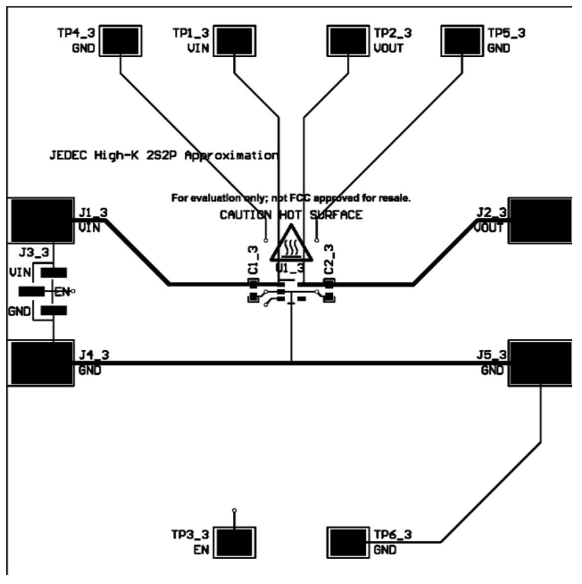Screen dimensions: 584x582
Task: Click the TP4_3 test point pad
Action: [119, 41]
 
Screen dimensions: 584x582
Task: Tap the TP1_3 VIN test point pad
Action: [234, 41]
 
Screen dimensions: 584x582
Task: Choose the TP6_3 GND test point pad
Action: [349, 541]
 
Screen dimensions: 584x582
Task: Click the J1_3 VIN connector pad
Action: [38, 220]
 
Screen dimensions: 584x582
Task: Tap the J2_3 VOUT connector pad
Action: [541, 220]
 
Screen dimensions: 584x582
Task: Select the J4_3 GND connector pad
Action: [38, 363]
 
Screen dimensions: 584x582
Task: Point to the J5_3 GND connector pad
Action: [541, 363]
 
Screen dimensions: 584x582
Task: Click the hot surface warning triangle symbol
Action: [291, 245]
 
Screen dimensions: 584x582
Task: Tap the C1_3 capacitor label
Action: [254, 260]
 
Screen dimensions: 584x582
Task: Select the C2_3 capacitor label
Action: [329, 260]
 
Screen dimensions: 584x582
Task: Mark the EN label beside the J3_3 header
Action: [62, 291]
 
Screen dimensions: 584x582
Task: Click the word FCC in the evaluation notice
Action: [319, 196]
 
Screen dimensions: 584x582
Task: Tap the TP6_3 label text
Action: [393, 534]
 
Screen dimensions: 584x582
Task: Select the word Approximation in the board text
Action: [237, 154]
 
